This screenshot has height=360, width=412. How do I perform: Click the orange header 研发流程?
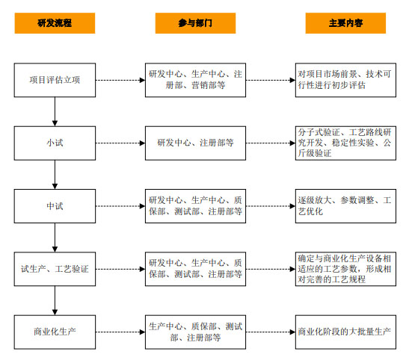click(x=55, y=23)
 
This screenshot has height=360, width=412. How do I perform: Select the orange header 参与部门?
click(x=195, y=23)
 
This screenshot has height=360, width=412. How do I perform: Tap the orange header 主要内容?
click(x=345, y=23)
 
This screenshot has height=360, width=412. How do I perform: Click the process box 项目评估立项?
click(x=55, y=80)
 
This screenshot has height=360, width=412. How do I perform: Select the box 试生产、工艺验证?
click(x=55, y=268)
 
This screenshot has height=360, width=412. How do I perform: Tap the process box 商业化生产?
click(x=55, y=332)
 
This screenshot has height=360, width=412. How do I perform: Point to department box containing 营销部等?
click(x=195, y=80)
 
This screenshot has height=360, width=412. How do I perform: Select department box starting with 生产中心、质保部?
click(x=195, y=332)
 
